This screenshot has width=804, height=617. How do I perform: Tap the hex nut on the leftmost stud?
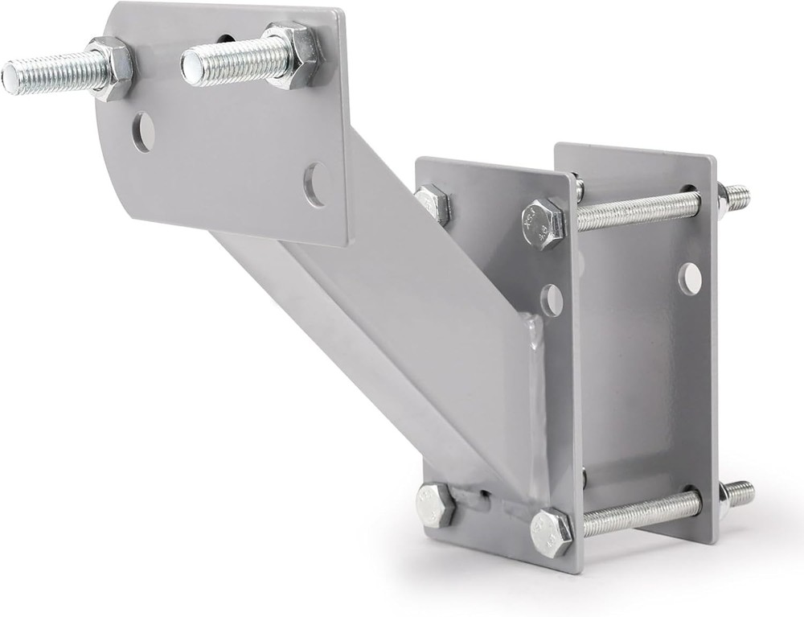111,69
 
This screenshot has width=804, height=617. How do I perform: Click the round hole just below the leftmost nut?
143,132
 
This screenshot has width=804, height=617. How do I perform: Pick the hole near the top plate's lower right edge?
315,184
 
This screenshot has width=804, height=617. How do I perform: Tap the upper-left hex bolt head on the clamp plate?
433,204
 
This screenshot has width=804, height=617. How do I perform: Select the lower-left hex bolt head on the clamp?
436,505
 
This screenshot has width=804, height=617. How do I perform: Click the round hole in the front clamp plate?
552,300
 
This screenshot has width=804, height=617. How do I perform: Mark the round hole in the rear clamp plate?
689,278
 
